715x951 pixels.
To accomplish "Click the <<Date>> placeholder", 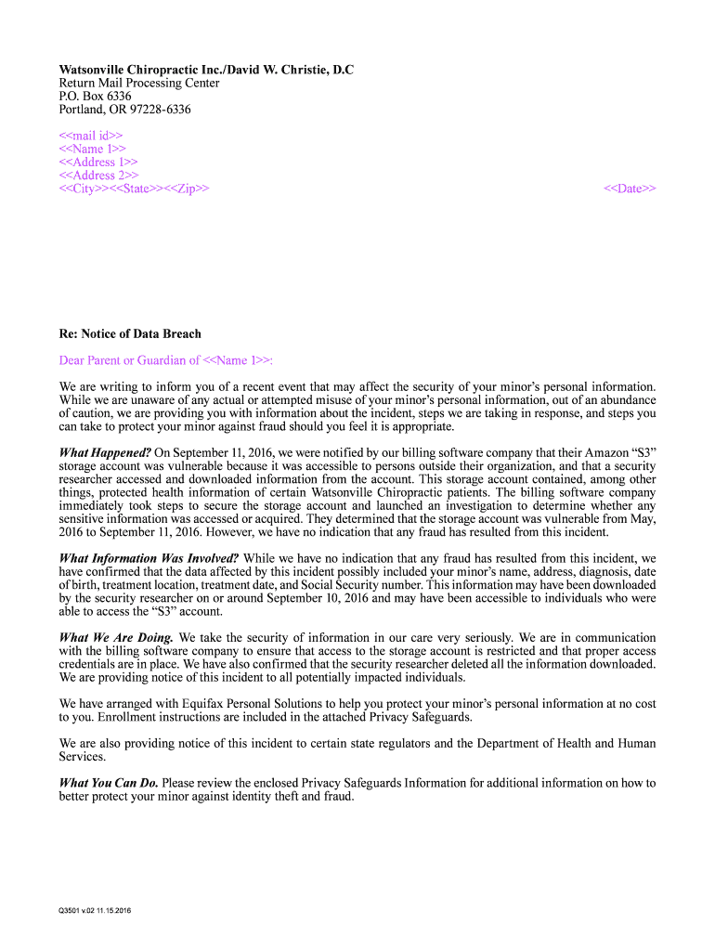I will click(630, 189).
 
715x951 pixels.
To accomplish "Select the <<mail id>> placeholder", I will click(91, 136).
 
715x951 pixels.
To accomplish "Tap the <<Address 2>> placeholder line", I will click(98, 176).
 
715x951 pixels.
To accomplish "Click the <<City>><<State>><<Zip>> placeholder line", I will click(134, 189).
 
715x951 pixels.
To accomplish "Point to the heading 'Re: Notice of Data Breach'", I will click(130, 333).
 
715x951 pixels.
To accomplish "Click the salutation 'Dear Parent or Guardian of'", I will click(130, 360).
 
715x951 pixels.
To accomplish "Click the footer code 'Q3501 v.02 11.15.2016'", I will click(95, 910).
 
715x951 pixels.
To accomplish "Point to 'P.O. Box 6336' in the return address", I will click(96, 96).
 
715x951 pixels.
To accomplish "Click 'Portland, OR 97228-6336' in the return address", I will click(125, 110).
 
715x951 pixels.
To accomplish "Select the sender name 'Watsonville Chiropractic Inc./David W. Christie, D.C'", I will click(206, 70).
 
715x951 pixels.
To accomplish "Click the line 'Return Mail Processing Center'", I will click(139, 83).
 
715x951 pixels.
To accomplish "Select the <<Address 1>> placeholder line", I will click(98, 162).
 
